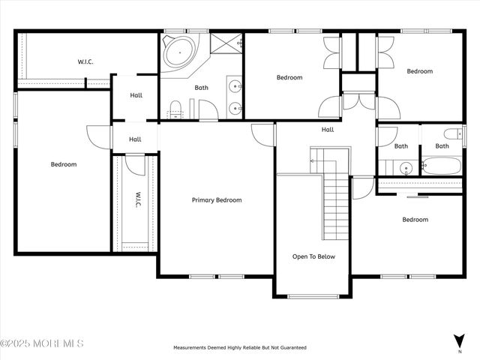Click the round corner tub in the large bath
click(x=179, y=53)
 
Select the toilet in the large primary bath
click(x=175, y=109)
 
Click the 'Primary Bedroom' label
click(x=217, y=200)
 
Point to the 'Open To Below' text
click(x=313, y=256)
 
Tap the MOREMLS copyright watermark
click(x=42, y=343)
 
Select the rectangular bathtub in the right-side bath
click(x=444, y=166)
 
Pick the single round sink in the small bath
click(x=404, y=167)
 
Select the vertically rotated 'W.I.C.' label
click(x=138, y=200)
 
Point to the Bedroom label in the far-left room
click(x=64, y=164)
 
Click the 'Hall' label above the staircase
click(x=328, y=130)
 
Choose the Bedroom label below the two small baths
click(x=415, y=220)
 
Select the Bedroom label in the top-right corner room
click(x=419, y=71)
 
